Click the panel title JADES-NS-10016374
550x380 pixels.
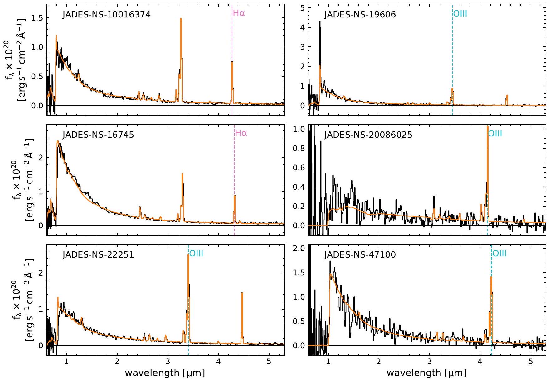tap(107, 15)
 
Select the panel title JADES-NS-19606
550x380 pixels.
tap(360, 15)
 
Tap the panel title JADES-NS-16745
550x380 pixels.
tap(98, 135)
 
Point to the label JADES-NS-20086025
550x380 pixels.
tap(368, 135)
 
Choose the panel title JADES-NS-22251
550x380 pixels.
tap(98, 254)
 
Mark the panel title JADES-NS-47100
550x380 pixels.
tap(360, 254)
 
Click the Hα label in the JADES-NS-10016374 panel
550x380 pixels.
tap(239, 13)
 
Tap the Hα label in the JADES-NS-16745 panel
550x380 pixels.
tap(241, 133)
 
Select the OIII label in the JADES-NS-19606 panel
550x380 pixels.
tap(460, 14)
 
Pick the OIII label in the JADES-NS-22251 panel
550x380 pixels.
tap(196, 254)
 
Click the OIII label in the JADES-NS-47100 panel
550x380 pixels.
tap(499, 254)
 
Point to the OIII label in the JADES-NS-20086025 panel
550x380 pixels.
tap(495, 134)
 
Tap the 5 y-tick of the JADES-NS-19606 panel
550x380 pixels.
tap(302, 8)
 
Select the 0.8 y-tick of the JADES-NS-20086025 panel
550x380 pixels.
tap(299, 148)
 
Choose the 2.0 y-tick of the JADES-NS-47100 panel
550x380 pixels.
tap(299, 248)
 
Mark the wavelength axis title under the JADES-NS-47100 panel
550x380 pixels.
tap(426, 373)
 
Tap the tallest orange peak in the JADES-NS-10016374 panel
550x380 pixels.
tap(181, 19)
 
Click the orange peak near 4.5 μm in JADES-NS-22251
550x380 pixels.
tap(242, 293)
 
